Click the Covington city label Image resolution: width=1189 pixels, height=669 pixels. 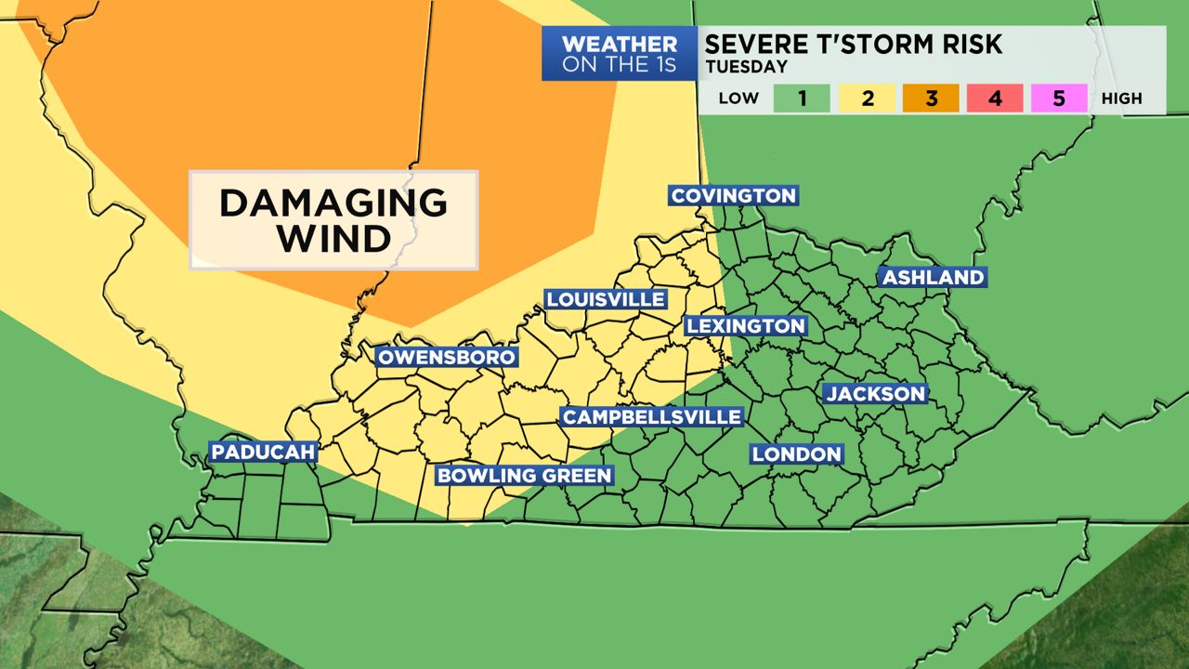pos(733,195)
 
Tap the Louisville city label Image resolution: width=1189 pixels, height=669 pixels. pos(605,299)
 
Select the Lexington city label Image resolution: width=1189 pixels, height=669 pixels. pos(745,326)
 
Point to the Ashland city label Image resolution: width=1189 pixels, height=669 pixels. pos(933,277)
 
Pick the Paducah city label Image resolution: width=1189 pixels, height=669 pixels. pos(264,453)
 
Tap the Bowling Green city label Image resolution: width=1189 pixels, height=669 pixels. pos(524,476)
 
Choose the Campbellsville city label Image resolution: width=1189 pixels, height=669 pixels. pos(652,417)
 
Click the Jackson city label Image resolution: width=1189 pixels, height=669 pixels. pos(876,394)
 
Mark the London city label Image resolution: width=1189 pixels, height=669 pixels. pos(797,453)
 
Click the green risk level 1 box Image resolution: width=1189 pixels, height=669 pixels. pos(802,98)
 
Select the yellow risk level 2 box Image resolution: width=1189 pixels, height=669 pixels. pos(867,98)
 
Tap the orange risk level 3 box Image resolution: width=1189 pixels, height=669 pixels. pos(931,98)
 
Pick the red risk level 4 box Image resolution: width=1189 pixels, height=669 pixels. pos(995,98)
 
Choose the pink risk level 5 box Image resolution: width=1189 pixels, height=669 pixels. pos(1059,98)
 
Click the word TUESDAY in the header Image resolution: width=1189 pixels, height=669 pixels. pos(746,67)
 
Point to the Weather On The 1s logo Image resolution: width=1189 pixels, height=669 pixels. pos(620,54)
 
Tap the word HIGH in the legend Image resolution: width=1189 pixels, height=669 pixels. pos(1121,98)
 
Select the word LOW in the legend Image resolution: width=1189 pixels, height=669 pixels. pos(738,98)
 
